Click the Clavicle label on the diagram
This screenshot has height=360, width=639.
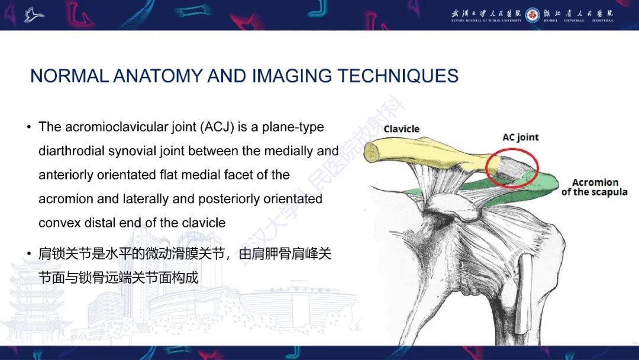click(401, 128)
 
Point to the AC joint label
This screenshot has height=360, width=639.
click(521, 137)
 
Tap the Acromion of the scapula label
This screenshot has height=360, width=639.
click(595, 187)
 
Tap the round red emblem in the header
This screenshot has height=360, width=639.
click(532, 14)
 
